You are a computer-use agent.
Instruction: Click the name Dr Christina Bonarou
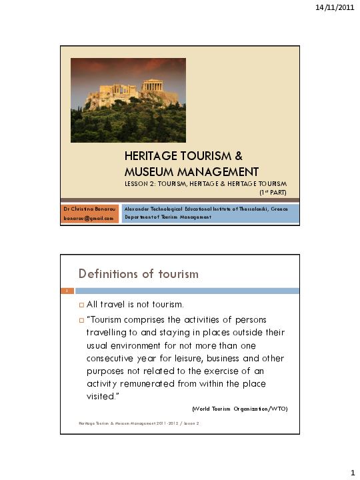click(x=89, y=208)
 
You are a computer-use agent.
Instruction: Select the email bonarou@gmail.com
click(x=89, y=217)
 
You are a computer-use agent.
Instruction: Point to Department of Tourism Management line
click(x=168, y=217)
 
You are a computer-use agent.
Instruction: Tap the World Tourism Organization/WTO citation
click(x=239, y=408)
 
